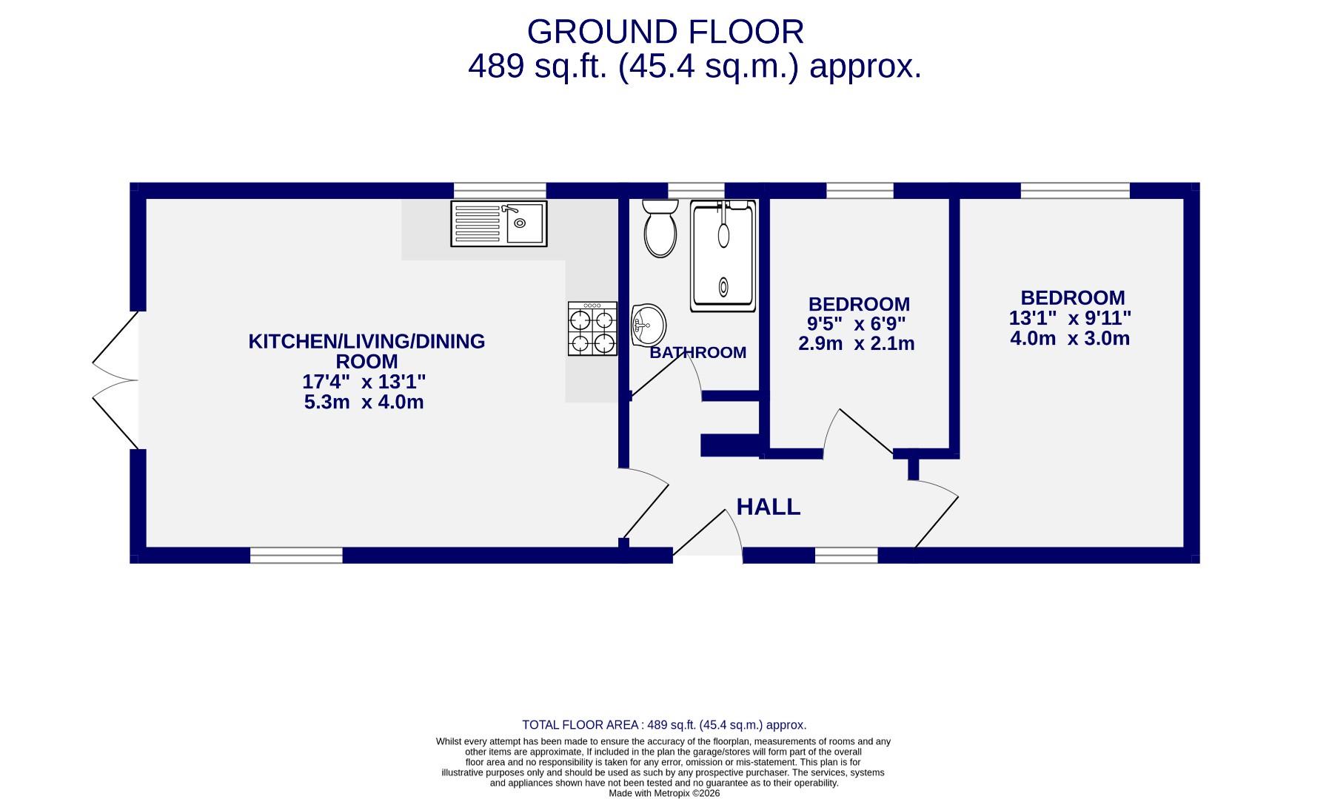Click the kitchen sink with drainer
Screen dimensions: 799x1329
498,223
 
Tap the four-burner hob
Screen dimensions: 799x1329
592,328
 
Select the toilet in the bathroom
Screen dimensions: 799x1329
660,228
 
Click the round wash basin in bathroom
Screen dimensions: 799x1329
648,325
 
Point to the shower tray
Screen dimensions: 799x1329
723,256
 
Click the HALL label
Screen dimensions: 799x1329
768,507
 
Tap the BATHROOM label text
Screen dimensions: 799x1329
697,353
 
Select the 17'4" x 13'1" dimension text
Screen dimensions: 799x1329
364,382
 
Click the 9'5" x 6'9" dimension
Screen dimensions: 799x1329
856,324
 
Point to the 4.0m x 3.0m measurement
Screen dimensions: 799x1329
1070,339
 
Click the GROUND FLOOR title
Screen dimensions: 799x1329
665,33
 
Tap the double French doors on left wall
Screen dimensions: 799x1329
116,380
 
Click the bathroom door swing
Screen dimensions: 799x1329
666,374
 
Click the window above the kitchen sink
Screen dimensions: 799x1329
499,190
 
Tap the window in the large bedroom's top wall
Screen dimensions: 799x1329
1074,190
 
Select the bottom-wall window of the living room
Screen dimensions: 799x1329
296,555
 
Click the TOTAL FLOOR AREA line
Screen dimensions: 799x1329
664,725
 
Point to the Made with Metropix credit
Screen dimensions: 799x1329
664,793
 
